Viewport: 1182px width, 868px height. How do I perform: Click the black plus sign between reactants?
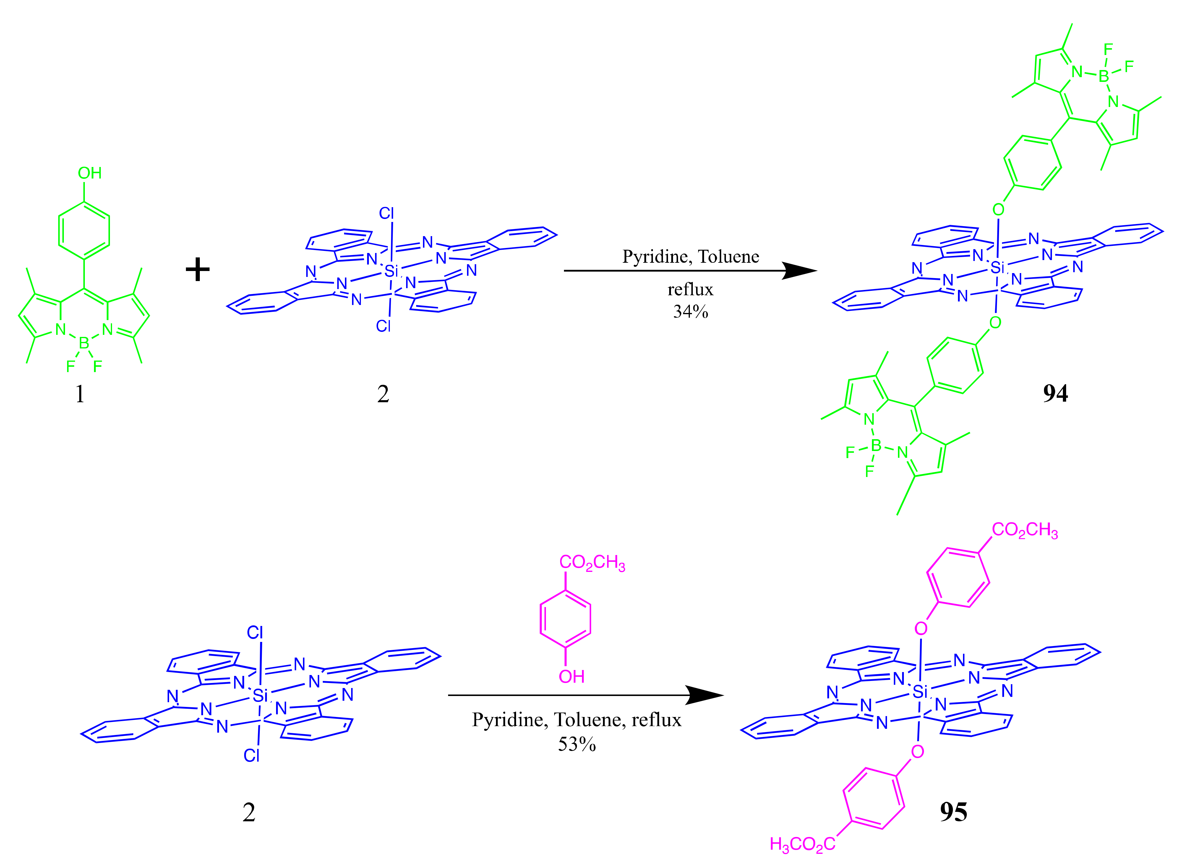click(197, 270)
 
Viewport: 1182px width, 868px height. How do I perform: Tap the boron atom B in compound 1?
click(84, 344)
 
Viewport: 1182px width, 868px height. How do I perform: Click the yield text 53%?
click(577, 744)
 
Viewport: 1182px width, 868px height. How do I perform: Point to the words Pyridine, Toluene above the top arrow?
click(690, 257)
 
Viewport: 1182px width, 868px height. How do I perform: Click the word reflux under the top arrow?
click(690, 290)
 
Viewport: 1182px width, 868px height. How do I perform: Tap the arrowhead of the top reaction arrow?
click(801, 271)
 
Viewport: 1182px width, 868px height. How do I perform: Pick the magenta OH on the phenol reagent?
click(572, 676)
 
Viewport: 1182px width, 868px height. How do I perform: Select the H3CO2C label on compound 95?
click(802, 844)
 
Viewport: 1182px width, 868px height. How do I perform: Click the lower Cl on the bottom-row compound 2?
click(252, 756)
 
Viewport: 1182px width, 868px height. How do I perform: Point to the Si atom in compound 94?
click(997, 268)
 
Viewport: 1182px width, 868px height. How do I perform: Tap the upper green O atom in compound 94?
click(998, 210)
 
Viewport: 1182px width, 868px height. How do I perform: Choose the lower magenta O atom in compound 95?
click(917, 751)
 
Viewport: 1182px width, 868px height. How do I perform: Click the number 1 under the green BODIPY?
click(80, 394)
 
